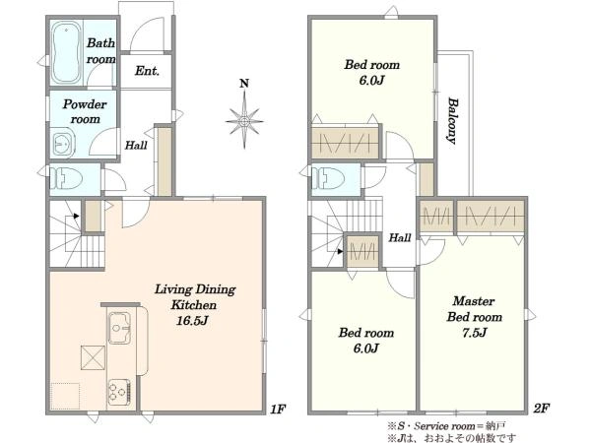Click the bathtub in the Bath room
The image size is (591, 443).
coord(66,52)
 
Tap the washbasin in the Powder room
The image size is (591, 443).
coord(63,143)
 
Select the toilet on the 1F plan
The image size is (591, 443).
coord(66,178)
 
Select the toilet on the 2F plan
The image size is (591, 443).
coord(328,178)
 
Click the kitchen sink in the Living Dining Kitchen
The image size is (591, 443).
coord(119,328)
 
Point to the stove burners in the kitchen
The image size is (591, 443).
coord(119,392)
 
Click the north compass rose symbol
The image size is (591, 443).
coord(244,121)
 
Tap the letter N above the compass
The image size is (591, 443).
coord(244,84)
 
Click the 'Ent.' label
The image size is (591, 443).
coord(147,71)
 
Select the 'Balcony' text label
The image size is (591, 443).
coord(452,120)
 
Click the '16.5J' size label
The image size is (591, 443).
coord(192,321)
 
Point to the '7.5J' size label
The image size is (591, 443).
coord(475,333)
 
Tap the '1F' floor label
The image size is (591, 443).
coord(278,409)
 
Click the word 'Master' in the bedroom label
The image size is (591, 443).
coord(474,301)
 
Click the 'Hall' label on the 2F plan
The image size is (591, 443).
coord(400,237)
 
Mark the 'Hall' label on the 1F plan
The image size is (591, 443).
coord(136,145)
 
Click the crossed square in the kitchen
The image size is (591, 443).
coord(93,357)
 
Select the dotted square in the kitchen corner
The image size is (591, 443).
coord(65,396)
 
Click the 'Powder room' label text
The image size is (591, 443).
coord(85,111)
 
